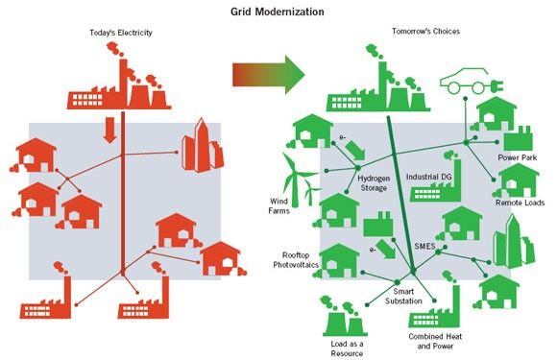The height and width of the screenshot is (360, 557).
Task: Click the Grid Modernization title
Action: pyautogui.click(x=278, y=12)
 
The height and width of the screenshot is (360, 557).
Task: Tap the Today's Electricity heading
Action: pyautogui.click(x=121, y=33)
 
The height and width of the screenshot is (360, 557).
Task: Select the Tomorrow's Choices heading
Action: pyautogui.click(x=425, y=32)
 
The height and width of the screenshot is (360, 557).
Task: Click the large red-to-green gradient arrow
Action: pyautogui.click(x=269, y=75)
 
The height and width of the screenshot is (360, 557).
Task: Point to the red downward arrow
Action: pyautogui.click(x=109, y=130)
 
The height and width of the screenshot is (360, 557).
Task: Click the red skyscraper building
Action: pyautogui.click(x=203, y=146)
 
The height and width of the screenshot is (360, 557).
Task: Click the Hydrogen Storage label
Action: pyautogui.click(x=374, y=183)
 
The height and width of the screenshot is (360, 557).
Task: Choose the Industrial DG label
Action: pyautogui.click(x=428, y=177)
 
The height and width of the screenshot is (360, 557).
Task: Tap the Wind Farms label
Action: pyautogui.click(x=278, y=205)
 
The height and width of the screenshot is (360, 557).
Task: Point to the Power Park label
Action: pyautogui.click(x=518, y=157)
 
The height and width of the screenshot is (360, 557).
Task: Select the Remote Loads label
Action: pyautogui.click(x=521, y=203)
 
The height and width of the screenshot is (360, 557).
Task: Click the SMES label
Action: pyautogui.click(x=424, y=246)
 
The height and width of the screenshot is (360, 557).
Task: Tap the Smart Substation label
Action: pyautogui.click(x=403, y=296)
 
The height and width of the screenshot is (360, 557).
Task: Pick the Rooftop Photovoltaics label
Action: pyautogui.click(x=296, y=260)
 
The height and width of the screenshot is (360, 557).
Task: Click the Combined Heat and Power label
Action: pyautogui.click(x=435, y=341)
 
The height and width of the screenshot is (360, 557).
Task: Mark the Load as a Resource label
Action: pyautogui.click(x=347, y=348)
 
